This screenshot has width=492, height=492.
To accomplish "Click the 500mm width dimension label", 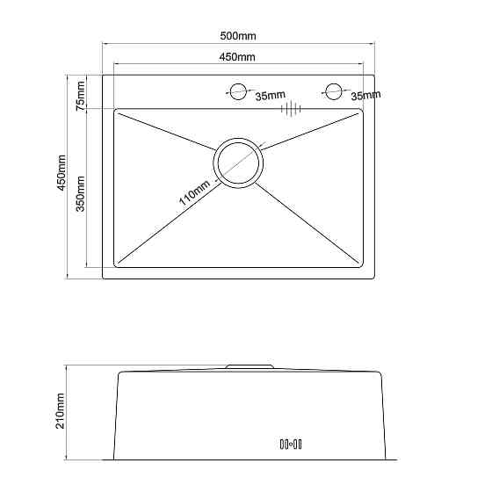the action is pyautogui.click(x=238, y=36).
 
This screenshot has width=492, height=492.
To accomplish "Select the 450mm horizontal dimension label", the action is pyautogui.click(x=237, y=57).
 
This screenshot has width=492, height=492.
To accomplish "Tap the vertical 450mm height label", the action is pyautogui.click(x=61, y=172).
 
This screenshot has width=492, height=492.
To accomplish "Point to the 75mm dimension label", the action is pyautogui.click(x=80, y=96).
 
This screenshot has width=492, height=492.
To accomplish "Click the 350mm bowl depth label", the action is pyautogui.click(x=80, y=194).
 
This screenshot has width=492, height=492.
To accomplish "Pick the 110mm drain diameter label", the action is pyautogui.click(x=194, y=192).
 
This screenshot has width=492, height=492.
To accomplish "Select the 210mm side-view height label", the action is pyautogui.click(x=60, y=411).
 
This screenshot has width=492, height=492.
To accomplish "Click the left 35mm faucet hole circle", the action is pyautogui.click(x=238, y=91).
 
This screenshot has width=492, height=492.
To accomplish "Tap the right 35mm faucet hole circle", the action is pyautogui.click(x=333, y=91).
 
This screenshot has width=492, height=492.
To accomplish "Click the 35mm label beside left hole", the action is pyautogui.click(x=271, y=96).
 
